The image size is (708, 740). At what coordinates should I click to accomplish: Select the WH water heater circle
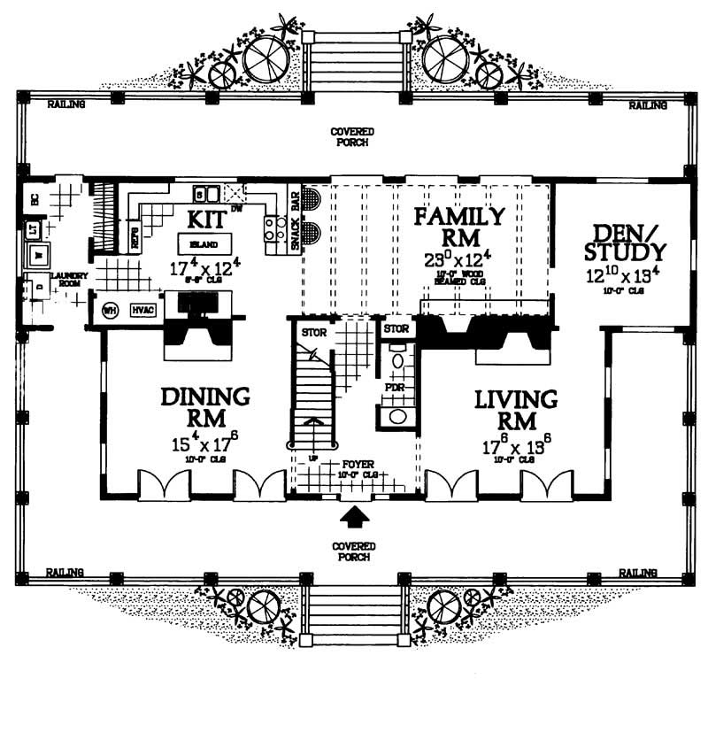click(111, 310)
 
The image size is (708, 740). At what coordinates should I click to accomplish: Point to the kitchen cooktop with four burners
click(271, 229)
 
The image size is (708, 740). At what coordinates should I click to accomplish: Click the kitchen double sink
click(207, 193)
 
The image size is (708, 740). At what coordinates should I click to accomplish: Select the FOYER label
click(354, 463)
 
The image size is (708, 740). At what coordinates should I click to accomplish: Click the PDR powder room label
click(393, 387)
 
